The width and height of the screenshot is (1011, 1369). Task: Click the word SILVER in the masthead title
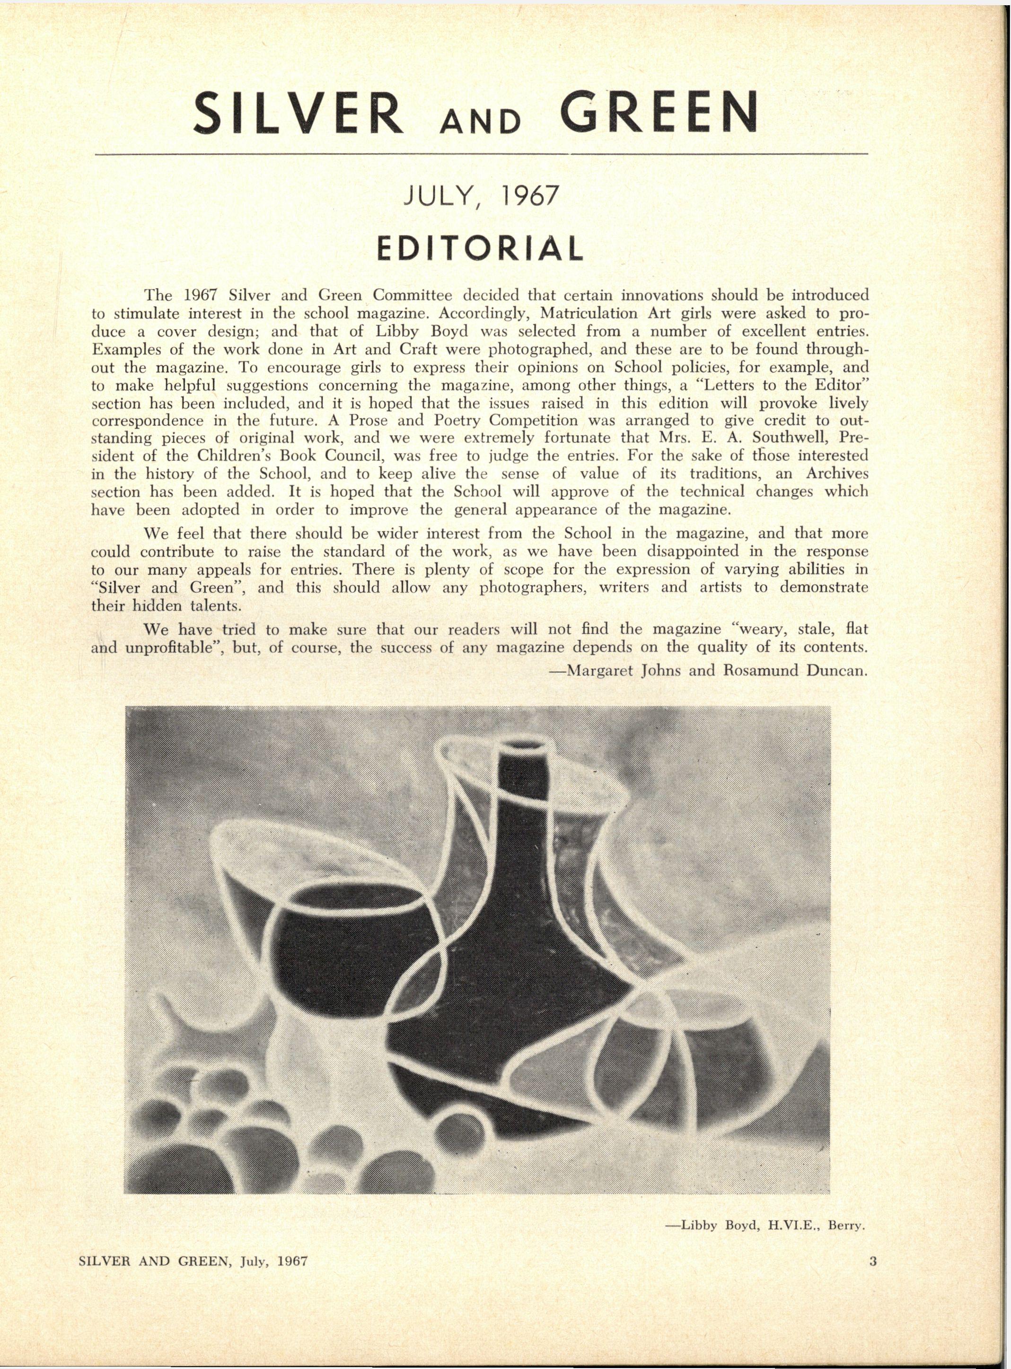click(x=298, y=114)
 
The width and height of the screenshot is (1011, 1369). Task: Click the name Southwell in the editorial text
click(x=785, y=438)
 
